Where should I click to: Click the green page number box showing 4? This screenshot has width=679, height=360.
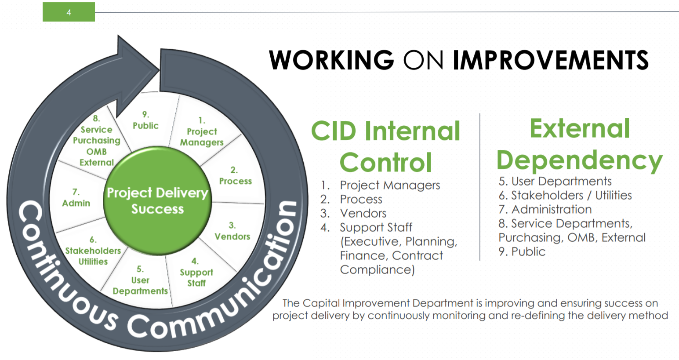(x=69, y=12)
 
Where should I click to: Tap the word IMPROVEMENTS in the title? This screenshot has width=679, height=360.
(x=551, y=60)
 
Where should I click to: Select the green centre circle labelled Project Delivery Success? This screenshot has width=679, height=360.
(x=157, y=200)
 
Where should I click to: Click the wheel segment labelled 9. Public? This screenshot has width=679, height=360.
(x=145, y=121)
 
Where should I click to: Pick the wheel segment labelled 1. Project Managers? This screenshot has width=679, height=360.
(x=201, y=131)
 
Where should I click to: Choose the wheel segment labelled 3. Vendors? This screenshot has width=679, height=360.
(x=232, y=231)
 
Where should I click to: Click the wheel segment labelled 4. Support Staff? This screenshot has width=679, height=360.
(x=196, y=273)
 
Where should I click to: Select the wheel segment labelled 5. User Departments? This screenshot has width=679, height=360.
(x=140, y=280)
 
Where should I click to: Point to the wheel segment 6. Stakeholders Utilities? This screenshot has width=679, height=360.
(x=93, y=251)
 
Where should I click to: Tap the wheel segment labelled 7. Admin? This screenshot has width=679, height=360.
(x=76, y=198)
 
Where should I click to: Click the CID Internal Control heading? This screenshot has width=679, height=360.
(x=385, y=146)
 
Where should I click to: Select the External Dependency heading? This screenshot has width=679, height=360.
(x=579, y=144)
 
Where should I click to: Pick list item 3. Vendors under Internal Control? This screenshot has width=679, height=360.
(x=363, y=213)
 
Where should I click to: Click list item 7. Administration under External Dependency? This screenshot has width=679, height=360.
(x=545, y=209)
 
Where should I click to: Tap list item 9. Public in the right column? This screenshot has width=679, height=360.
(x=522, y=251)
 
